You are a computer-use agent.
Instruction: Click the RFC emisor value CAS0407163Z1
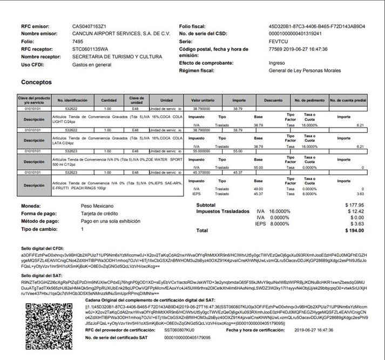[x=89, y=26]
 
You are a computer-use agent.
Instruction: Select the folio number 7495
[x=78, y=41]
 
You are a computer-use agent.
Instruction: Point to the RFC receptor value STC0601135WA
[x=90, y=49]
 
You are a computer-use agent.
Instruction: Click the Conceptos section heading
[x=36, y=83]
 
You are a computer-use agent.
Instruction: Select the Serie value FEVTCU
[x=280, y=41]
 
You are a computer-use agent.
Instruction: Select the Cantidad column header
[x=109, y=101]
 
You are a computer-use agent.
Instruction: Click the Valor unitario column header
[x=202, y=101]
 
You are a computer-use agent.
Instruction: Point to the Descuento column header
[x=273, y=101]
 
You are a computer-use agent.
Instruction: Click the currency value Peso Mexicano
[x=97, y=206]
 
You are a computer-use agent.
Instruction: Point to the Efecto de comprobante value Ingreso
[x=277, y=63]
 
